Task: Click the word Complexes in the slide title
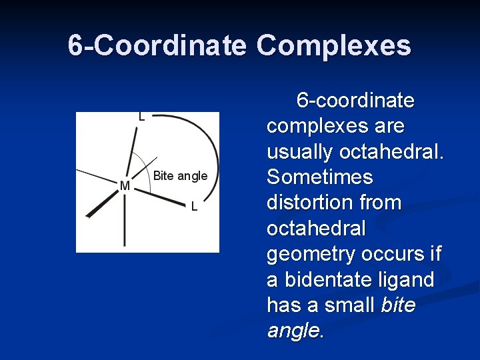(333, 45)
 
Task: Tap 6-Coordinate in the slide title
(158, 45)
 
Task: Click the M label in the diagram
(125, 185)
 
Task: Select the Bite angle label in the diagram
(180, 176)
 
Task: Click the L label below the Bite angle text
(194, 207)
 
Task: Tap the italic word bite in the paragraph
(398, 305)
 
